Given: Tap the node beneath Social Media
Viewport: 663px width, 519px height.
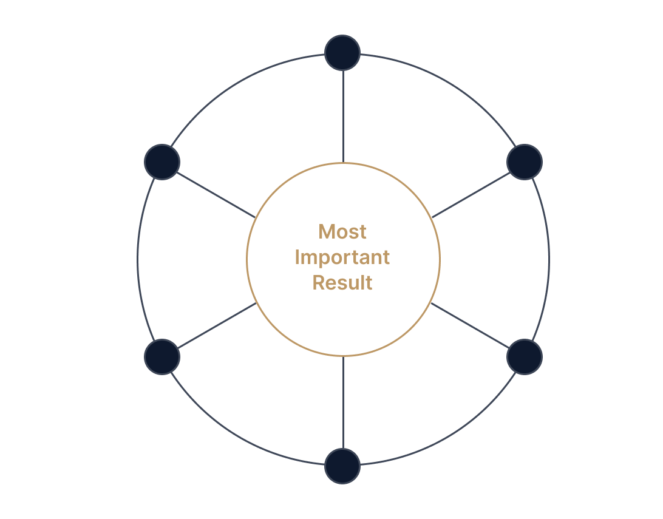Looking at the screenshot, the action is click(x=342, y=53).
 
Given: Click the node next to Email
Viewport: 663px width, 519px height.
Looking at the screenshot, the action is click(x=524, y=162).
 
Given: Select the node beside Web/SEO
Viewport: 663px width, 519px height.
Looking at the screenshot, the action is click(x=524, y=356).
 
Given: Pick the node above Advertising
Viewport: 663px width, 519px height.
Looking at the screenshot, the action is click(x=342, y=466).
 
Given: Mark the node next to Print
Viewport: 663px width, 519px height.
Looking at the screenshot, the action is click(x=162, y=356).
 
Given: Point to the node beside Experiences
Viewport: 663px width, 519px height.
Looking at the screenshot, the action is click(x=162, y=162).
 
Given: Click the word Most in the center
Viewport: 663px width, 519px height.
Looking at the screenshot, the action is click(x=342, y=232).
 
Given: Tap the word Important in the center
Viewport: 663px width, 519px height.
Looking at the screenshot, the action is click(x=342, y=257).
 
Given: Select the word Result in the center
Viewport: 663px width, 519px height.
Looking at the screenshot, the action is click(x=342, y=283).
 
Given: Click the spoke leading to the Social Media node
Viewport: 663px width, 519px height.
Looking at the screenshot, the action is click(x=343, y=115).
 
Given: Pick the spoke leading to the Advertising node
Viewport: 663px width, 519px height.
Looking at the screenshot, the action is click(x=343, y=402).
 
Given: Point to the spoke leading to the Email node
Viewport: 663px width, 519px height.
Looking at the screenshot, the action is click(x=469, y=194).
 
